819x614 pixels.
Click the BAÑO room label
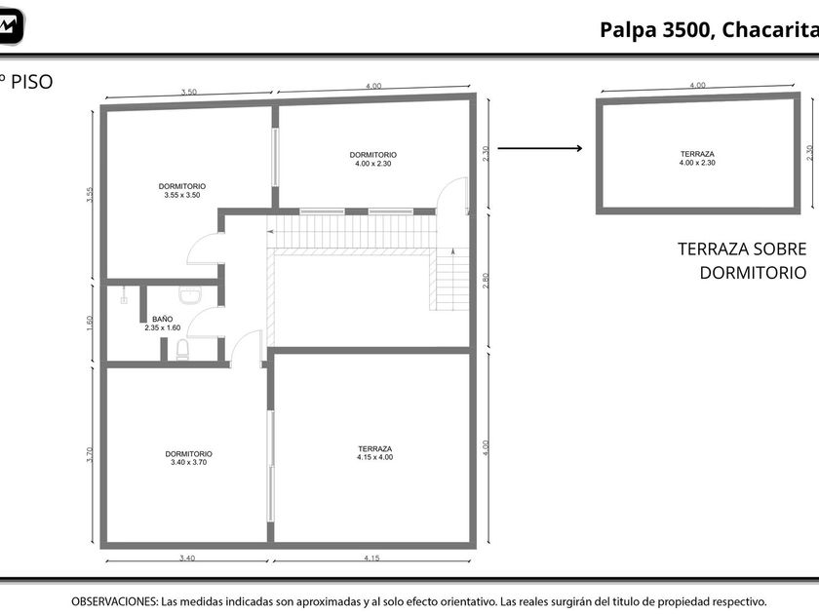coord(163,319)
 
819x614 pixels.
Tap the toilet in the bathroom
coord(182,349)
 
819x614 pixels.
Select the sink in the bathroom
coord(189,295)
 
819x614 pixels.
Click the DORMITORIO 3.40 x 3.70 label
coord(188,458)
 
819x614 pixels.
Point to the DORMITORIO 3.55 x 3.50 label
coord(181,191)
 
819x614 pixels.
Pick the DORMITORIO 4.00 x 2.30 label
coord(372,159)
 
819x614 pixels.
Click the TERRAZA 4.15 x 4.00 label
coord(375,452)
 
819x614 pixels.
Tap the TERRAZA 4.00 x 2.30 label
coord(697,158)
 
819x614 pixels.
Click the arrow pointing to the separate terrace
coord(539,148)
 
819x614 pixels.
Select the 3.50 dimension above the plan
coord(189,92)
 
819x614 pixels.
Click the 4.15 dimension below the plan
coord(371,558)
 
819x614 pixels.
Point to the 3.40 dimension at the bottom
coord(187,558)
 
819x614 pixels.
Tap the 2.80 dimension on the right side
coord(486,281)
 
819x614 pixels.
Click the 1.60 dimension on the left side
coord(90,324)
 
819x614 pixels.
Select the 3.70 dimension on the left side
coord(90,454)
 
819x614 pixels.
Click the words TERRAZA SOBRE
coord(742,249)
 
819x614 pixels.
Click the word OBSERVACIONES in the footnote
coord(114,601)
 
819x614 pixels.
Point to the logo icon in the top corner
coord(11,25)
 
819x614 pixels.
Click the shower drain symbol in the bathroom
coord(124,300)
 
